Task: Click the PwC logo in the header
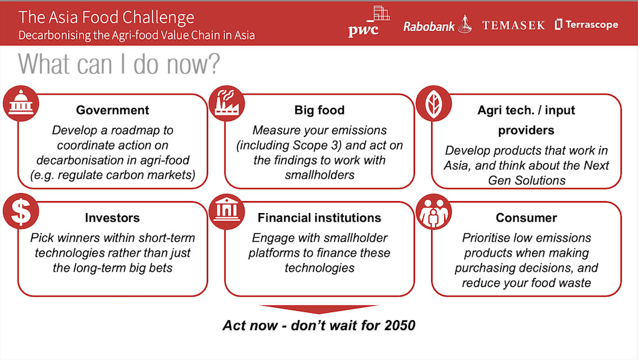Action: (369, 22)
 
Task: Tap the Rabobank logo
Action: (437, 25)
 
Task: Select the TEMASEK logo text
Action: (513, 25)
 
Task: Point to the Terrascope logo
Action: (586, 24)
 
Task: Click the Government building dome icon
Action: (21, 103)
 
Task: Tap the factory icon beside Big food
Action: (227, 103)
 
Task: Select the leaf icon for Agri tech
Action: (434, 103)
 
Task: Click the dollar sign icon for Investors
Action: (21, 212)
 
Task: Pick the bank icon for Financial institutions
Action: (227, 212)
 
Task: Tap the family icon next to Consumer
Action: (434, 212)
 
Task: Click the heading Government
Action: (112, 110)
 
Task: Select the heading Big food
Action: (320, 110)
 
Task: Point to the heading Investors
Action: (112, 217)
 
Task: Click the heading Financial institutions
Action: (320, 217)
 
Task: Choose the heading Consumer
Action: (526, 217)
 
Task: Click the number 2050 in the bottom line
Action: (399, 325)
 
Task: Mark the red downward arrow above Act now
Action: (319, 309)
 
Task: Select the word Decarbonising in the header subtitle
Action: (55, 36)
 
